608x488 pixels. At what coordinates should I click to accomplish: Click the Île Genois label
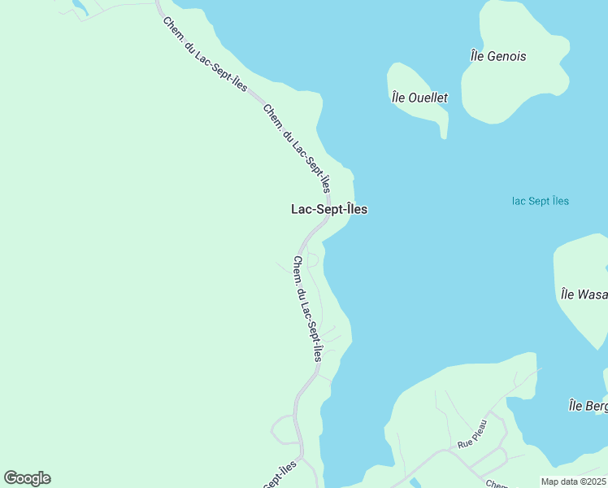coord(498,56)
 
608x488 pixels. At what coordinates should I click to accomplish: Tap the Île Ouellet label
coord(419,98)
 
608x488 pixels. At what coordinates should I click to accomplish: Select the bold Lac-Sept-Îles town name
coord(329,209)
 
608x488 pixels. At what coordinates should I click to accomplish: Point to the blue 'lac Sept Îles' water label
coord(541,201)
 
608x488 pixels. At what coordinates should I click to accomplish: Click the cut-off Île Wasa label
coord(584,294)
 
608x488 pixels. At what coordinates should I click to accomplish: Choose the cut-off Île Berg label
coord(587,406)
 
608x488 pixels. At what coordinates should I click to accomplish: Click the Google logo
coord(27,478)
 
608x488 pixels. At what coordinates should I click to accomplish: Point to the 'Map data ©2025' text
coord(574,481)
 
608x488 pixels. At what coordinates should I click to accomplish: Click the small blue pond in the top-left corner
coord(80,7)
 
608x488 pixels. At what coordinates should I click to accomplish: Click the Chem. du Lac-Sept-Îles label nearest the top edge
coord(204,54)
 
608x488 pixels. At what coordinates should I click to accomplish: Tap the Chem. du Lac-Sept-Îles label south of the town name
coord(308,308)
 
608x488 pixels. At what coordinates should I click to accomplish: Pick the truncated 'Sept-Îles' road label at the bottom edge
coord(280,475)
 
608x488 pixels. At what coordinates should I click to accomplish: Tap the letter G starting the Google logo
coord(11,478)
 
